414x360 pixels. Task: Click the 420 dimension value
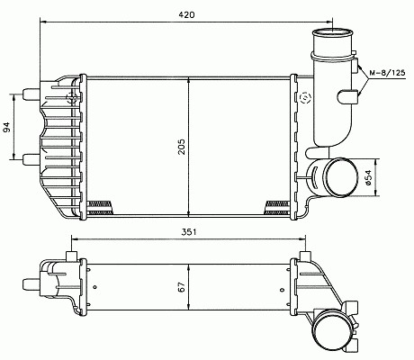click(186, 14)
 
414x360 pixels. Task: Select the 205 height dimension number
click(182, 147)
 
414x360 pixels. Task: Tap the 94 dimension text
click(6, 127)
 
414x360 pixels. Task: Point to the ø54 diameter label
click(368, 177)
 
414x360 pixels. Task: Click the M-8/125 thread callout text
click(387, 72)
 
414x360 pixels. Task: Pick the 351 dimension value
click(189, 232)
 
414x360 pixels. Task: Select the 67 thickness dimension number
click(182, 287)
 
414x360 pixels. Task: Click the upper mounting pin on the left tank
click(31, 94)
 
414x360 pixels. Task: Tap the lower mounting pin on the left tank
click(31, 159)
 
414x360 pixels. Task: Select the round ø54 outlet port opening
click(342, 177)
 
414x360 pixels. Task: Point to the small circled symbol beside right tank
click(306, 97)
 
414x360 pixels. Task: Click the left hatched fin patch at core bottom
click(100, 208)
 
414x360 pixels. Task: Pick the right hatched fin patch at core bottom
click(278, 208)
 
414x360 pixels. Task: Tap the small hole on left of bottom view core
click(95, 287)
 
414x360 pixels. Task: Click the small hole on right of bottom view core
click(282, 290)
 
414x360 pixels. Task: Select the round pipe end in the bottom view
click(332, 330)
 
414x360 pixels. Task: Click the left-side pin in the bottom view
click(31, 283)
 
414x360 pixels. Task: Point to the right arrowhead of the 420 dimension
click(329, 22)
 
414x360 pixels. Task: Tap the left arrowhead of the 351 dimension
click(75, 239)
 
